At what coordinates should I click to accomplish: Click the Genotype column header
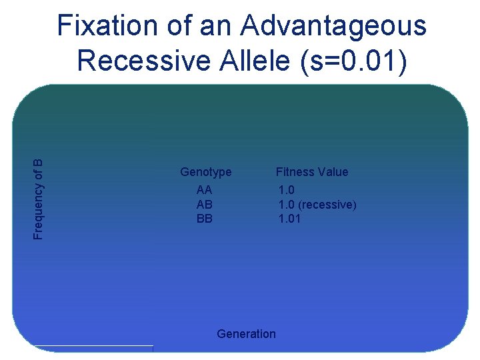click(x=206, y=172)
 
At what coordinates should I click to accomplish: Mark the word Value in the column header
click(x=333, y=172)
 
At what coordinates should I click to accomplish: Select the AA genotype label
click(x=205, y=191)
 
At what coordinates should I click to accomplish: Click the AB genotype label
click(x=205, y=205)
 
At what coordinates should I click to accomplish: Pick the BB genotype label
click(x=205, y=218)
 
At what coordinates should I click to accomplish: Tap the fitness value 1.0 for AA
click(x=287, y=191)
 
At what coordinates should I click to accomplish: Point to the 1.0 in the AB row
click(x=287, y=205)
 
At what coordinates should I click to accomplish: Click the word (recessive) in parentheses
click(x=327, y=205)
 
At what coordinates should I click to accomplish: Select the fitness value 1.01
click(x=289, y=218)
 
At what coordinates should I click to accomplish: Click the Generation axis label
click(x=246, y=334)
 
